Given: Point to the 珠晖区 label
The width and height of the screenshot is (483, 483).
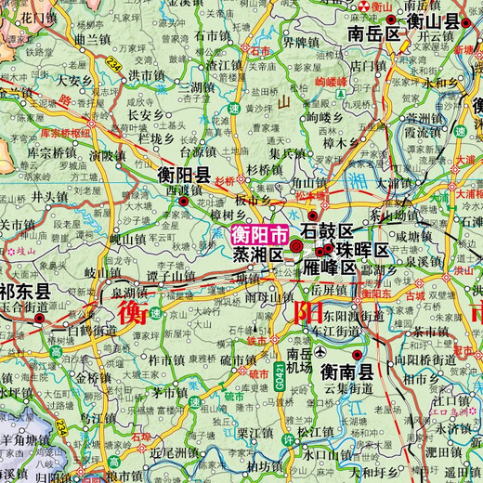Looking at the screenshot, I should [361, 251].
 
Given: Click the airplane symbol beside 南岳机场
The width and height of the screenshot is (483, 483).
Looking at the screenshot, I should [320, 353].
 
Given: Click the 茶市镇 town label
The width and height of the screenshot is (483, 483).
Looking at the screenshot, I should [432, 332].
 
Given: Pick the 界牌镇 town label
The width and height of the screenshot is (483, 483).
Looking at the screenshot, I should [301, 42].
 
